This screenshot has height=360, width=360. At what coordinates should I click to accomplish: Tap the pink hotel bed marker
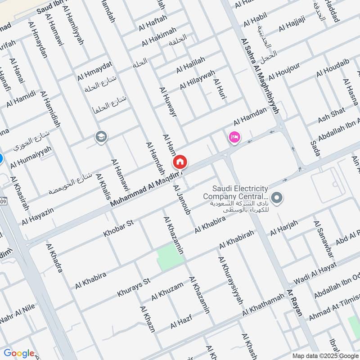[234, 137]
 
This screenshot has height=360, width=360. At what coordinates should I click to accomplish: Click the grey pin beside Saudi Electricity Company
[278, 197]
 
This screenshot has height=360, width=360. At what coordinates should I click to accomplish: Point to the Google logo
[19, 353]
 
